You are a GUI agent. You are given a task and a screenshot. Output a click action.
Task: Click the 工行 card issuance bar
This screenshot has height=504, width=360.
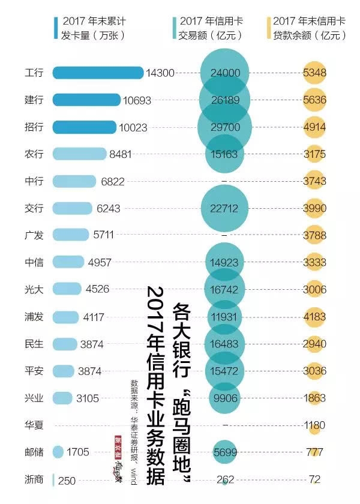click(98, 73)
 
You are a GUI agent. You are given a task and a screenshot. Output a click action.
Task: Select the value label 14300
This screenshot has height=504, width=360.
click(160, 73)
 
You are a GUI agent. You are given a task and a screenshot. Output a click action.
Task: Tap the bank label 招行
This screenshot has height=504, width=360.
click(34, 127)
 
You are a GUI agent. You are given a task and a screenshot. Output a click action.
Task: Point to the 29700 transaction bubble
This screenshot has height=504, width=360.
click(225, 127)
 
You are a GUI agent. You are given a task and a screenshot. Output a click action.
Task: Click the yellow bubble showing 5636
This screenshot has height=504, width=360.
click(314, 100)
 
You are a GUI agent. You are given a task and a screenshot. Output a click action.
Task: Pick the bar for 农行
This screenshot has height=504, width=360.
click(79, 154)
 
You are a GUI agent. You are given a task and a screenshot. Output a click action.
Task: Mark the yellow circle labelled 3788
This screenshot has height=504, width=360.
click(314, 235)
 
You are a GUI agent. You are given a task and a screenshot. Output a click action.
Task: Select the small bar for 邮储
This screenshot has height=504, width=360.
click(58, 452)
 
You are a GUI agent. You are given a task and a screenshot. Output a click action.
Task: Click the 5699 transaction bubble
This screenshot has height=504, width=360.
click(225, 452)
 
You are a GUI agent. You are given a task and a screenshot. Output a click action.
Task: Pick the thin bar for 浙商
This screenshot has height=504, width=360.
click(54, 479)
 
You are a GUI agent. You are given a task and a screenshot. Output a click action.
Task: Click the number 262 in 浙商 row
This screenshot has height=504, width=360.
click(225, 479)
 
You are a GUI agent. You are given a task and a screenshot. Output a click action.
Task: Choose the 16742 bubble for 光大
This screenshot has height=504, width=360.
click(225, 289)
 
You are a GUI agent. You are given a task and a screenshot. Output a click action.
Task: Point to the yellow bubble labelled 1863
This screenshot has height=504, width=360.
click(314, 398)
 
